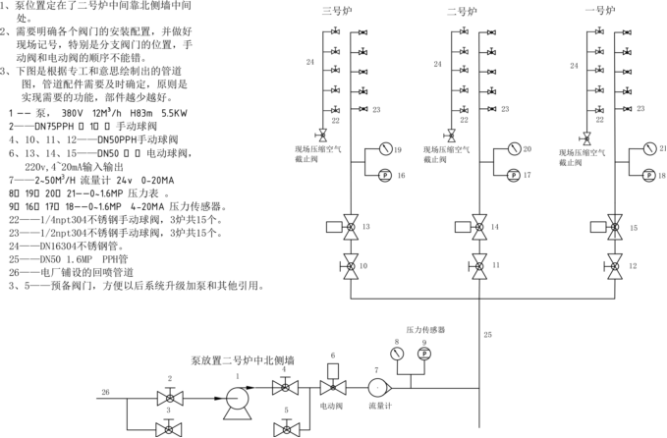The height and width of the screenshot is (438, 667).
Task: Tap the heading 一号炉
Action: [601, 12]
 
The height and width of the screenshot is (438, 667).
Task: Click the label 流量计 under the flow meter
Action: [380, 405]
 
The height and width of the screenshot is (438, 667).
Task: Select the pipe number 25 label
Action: [488, 335]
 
